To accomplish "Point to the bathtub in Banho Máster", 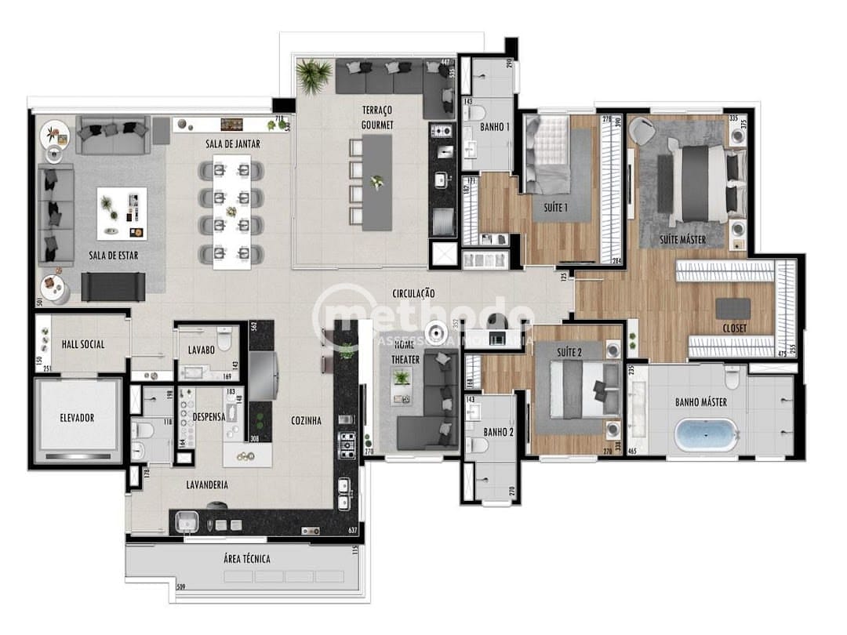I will coord(707,434).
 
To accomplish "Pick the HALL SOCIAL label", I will coord(83,344).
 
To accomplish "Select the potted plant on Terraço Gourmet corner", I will coord(314,75).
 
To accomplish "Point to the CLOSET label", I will coord(735,328).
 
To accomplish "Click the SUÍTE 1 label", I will coord(555,208).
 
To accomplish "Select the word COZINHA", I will coord(306,420).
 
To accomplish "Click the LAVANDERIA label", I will coord(207,484).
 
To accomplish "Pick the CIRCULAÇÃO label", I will coord(414,293).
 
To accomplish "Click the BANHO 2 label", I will coord(498,432).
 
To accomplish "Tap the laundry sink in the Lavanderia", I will coord(187,521).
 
